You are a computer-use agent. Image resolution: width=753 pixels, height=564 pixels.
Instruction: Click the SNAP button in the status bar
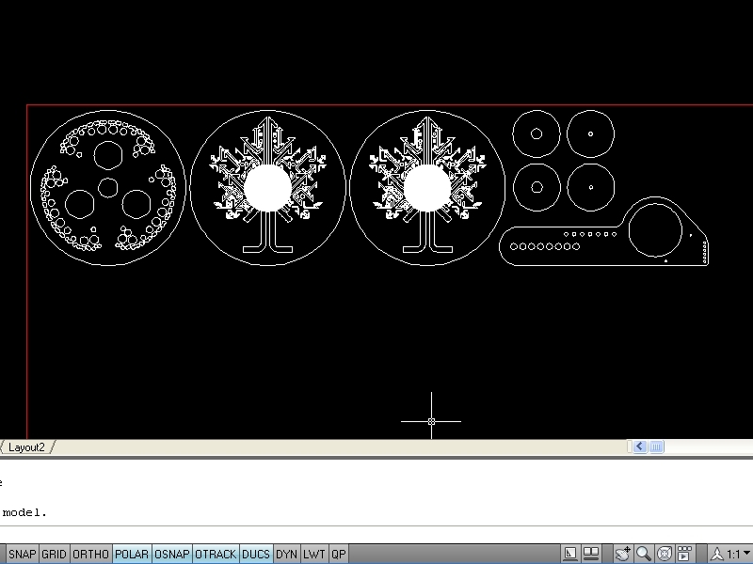22,554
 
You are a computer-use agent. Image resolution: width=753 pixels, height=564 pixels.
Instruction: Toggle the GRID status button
54,554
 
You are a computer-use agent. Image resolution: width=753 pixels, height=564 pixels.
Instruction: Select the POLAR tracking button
132,554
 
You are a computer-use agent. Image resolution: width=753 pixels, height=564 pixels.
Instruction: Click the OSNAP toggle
172,554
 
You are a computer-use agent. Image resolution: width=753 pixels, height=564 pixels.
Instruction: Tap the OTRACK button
216,554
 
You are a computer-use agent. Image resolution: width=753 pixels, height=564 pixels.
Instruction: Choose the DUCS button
256,554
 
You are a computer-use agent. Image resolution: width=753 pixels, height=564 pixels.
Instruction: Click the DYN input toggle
287,554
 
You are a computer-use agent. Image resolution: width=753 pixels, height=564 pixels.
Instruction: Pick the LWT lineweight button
314,554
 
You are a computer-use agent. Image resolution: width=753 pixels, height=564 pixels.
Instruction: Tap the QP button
339,554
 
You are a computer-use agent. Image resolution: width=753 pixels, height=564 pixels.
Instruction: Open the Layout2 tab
26,447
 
